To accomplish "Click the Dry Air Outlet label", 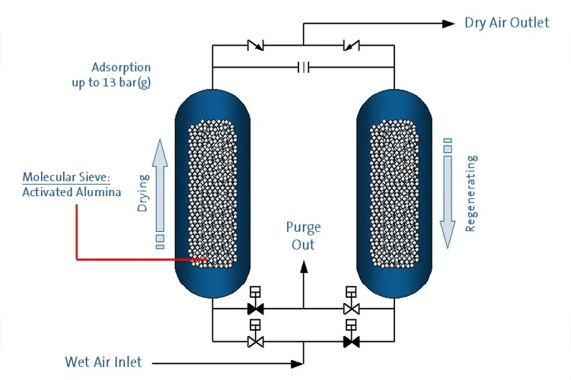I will click(x=506, y=23).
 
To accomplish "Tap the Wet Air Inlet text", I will click(x=103, y=362).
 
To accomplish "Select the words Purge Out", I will click(x=303, y=236).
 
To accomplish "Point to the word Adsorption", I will click(x=121, y=67).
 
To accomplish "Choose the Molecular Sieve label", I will click(x=66, y=177).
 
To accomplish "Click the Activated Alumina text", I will click(x=71, y=192).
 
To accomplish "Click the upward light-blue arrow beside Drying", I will click(x=159, y=186).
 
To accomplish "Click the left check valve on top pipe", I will click(x=256, y=46).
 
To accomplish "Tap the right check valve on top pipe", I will click(x=351, y=46).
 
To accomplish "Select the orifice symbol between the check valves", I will click(x=303, y=68).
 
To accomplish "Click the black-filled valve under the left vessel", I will click(x=256, y=309).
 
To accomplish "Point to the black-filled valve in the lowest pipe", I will click(x=351, y=342).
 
